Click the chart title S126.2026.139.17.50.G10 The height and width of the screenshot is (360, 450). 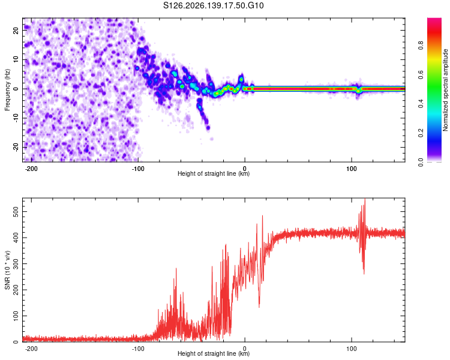(213, 5)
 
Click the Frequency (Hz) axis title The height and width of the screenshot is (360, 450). (7, 90)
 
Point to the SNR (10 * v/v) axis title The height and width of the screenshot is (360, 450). (7, 270)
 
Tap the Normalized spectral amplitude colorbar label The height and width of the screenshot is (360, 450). (445, 90)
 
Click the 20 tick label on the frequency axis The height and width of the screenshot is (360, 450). (16, 31)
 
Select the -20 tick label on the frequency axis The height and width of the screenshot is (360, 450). (16, 148)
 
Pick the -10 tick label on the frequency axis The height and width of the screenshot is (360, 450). (16, 118)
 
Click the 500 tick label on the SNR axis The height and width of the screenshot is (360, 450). (16, 212)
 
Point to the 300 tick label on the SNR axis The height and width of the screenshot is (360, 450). (16, 263)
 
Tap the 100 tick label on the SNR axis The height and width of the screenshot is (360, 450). (16, 316)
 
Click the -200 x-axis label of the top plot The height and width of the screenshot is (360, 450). (31, 169)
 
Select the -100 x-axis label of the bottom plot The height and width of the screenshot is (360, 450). (138, 349)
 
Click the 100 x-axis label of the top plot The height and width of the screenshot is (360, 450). (352, 169)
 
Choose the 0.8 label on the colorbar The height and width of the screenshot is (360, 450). (421, 46)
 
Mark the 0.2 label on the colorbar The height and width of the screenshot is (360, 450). (421, 133)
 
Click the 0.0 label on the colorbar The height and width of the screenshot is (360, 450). (421, 162)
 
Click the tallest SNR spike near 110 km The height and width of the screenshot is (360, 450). (365, 199)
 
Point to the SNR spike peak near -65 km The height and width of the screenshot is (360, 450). (176, 268)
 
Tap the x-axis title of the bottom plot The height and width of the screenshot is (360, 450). (214, 353)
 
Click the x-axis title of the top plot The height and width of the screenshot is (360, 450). (214, 173)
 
